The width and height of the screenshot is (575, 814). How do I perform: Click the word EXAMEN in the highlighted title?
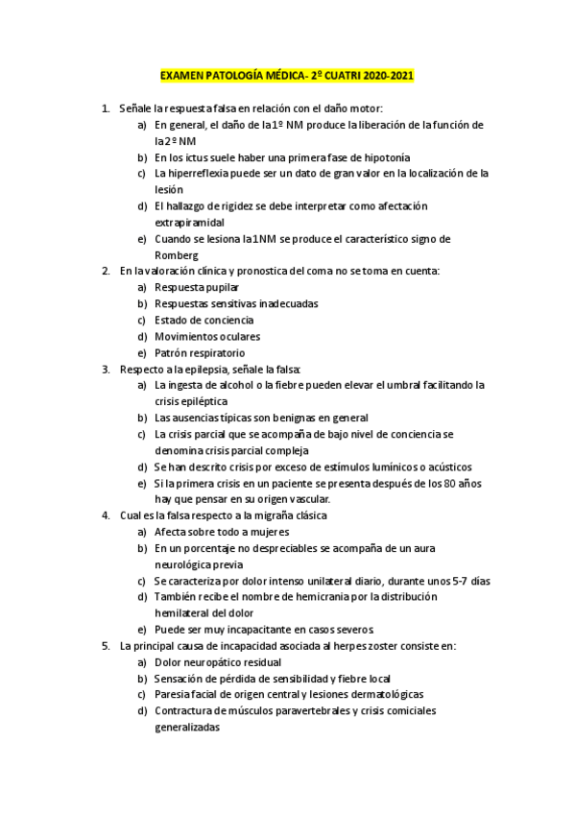[180, 76]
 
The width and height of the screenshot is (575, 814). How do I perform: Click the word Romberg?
[177, 254]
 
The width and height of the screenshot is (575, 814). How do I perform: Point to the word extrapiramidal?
[189, 222]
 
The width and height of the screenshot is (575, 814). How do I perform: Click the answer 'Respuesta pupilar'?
[197, 287]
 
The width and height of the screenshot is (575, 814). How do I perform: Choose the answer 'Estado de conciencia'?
[204, 320]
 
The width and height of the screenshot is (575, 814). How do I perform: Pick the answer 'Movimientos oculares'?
[206, 336]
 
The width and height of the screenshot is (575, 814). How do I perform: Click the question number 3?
[106, 369]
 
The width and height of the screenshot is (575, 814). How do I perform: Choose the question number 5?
[106, 646]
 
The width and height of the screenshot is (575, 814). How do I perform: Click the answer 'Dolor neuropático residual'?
[218, 661]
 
